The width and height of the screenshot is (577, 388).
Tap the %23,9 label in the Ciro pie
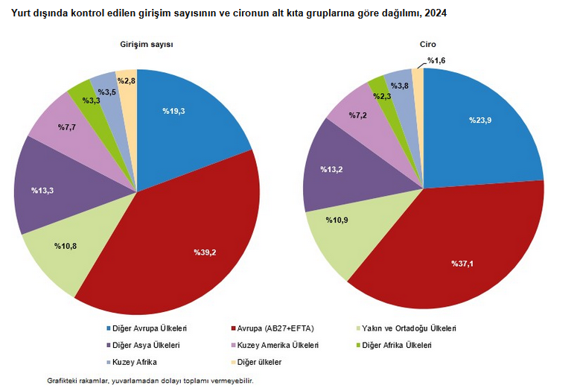[479, 120]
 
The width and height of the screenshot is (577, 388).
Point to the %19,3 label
[173, 111]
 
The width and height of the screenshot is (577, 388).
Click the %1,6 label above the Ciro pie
[437, 60]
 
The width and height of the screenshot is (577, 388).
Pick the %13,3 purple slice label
[42, 191]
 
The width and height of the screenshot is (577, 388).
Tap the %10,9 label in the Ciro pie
[338, 220]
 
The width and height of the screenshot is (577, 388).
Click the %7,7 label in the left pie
[68, 127]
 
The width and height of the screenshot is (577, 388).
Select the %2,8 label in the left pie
[126, 80]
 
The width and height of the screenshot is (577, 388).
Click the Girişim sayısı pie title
[147, 45]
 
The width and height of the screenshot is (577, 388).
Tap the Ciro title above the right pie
[427, 45]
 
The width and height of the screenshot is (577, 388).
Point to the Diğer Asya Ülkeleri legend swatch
[109, 346]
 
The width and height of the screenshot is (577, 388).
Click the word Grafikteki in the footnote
[63, 380]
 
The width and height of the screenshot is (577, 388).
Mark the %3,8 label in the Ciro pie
[399, 86]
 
